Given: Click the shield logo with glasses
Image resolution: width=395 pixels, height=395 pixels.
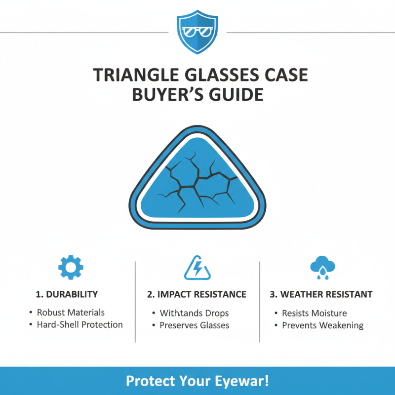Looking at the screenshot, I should tap(197, 32).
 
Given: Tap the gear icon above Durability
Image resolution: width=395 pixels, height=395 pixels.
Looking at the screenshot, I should tap(71, 267).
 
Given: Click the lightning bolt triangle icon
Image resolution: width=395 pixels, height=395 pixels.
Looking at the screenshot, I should tap(197, 268).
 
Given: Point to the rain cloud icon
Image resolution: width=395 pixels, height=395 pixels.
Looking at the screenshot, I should tap(322, 267).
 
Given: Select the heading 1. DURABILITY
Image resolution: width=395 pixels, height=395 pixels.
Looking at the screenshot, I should tap(67, 294).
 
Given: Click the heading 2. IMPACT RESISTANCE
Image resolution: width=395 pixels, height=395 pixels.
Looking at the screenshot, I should tap(197, 294).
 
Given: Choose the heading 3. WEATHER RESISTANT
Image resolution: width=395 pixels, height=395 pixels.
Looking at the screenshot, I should tap(321, 294).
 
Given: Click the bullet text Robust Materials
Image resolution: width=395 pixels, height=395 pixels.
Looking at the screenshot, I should tap(71, 313).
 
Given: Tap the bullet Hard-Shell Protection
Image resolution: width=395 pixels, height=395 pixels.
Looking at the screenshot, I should tap(79, 325).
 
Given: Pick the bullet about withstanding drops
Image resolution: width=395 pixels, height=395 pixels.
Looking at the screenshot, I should tap(194, 313).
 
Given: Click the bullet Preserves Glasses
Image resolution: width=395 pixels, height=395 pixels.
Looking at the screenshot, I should tap(194, 325).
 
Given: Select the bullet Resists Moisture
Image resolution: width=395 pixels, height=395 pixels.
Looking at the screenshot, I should tap(314, 313).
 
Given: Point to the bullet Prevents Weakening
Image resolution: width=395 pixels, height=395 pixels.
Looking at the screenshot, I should tap(322, 325).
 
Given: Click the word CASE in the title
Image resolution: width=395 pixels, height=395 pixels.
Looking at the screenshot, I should tap(283, 76).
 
